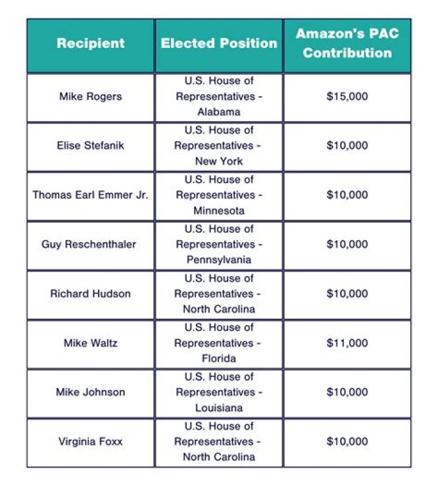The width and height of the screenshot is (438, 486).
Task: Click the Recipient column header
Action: click(x=91, y=44)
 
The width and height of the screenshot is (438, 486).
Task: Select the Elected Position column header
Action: click(x=219, y=44)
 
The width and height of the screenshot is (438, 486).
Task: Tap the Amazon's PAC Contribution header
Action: click(x=347, y=43)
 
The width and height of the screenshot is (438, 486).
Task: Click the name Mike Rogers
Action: click(x=91, y=96)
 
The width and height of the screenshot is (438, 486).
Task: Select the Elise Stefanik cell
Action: click(x=91, y=145)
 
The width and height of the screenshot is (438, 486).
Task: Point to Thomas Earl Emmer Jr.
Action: click(x=91, y=195)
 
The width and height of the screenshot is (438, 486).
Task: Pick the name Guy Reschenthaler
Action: click(x=89, y=244)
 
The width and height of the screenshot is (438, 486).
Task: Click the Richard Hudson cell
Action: click(x=91, y=293)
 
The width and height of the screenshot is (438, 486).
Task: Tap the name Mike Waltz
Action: click(x=91, y=343)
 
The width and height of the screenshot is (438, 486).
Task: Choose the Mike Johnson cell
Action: click(x=91, y=392)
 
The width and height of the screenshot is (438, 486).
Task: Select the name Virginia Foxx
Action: click(x=91, y=442)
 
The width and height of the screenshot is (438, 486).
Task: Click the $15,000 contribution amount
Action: click(x=347, y=96)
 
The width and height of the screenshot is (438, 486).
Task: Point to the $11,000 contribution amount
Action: click(x=347, y=343)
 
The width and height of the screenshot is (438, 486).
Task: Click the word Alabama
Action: click(x=219, y=112)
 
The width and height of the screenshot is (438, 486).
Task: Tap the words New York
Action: click(x=219, y=161)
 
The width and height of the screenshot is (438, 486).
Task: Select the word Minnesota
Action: click(x=219, y=210)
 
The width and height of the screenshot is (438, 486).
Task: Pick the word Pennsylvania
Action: click(x=219, y=260)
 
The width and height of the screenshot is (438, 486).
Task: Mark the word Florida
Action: click(x=219, y=358)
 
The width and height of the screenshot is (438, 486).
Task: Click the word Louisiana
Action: click(x=219, y=408)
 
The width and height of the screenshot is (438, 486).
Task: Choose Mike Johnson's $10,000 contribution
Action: click(x=347, y=392)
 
